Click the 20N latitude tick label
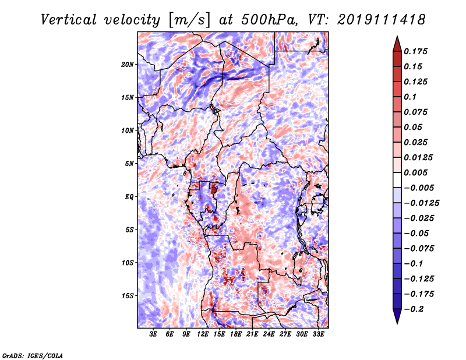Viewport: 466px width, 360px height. click(127, 65)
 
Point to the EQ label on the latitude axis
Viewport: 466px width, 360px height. click(129, 197)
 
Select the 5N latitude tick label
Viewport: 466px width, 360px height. click(129, 164)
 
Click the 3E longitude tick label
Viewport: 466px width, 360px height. click(153, 334)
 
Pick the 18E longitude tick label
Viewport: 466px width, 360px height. click(235, 334)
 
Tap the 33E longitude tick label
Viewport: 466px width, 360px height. click(318, 334)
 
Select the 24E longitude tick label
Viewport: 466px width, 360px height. click(269, 334)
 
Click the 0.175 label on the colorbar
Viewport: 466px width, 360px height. click(415, 51)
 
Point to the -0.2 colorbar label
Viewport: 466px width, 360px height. click(414, 309)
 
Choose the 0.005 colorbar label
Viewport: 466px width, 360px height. click(415, 172)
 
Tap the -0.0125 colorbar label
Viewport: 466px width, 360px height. click(421, 203)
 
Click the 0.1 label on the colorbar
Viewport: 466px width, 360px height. click(410, 97)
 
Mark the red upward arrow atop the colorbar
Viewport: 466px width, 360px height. click(397, 44)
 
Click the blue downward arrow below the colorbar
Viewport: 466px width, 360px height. click(397, 316)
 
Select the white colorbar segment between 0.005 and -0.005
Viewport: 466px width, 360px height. click(397, 180)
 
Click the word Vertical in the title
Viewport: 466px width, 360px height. click(69, 20)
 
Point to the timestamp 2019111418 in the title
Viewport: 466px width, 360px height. click(382, 20)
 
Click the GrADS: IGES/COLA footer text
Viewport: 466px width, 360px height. click(33, 355)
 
